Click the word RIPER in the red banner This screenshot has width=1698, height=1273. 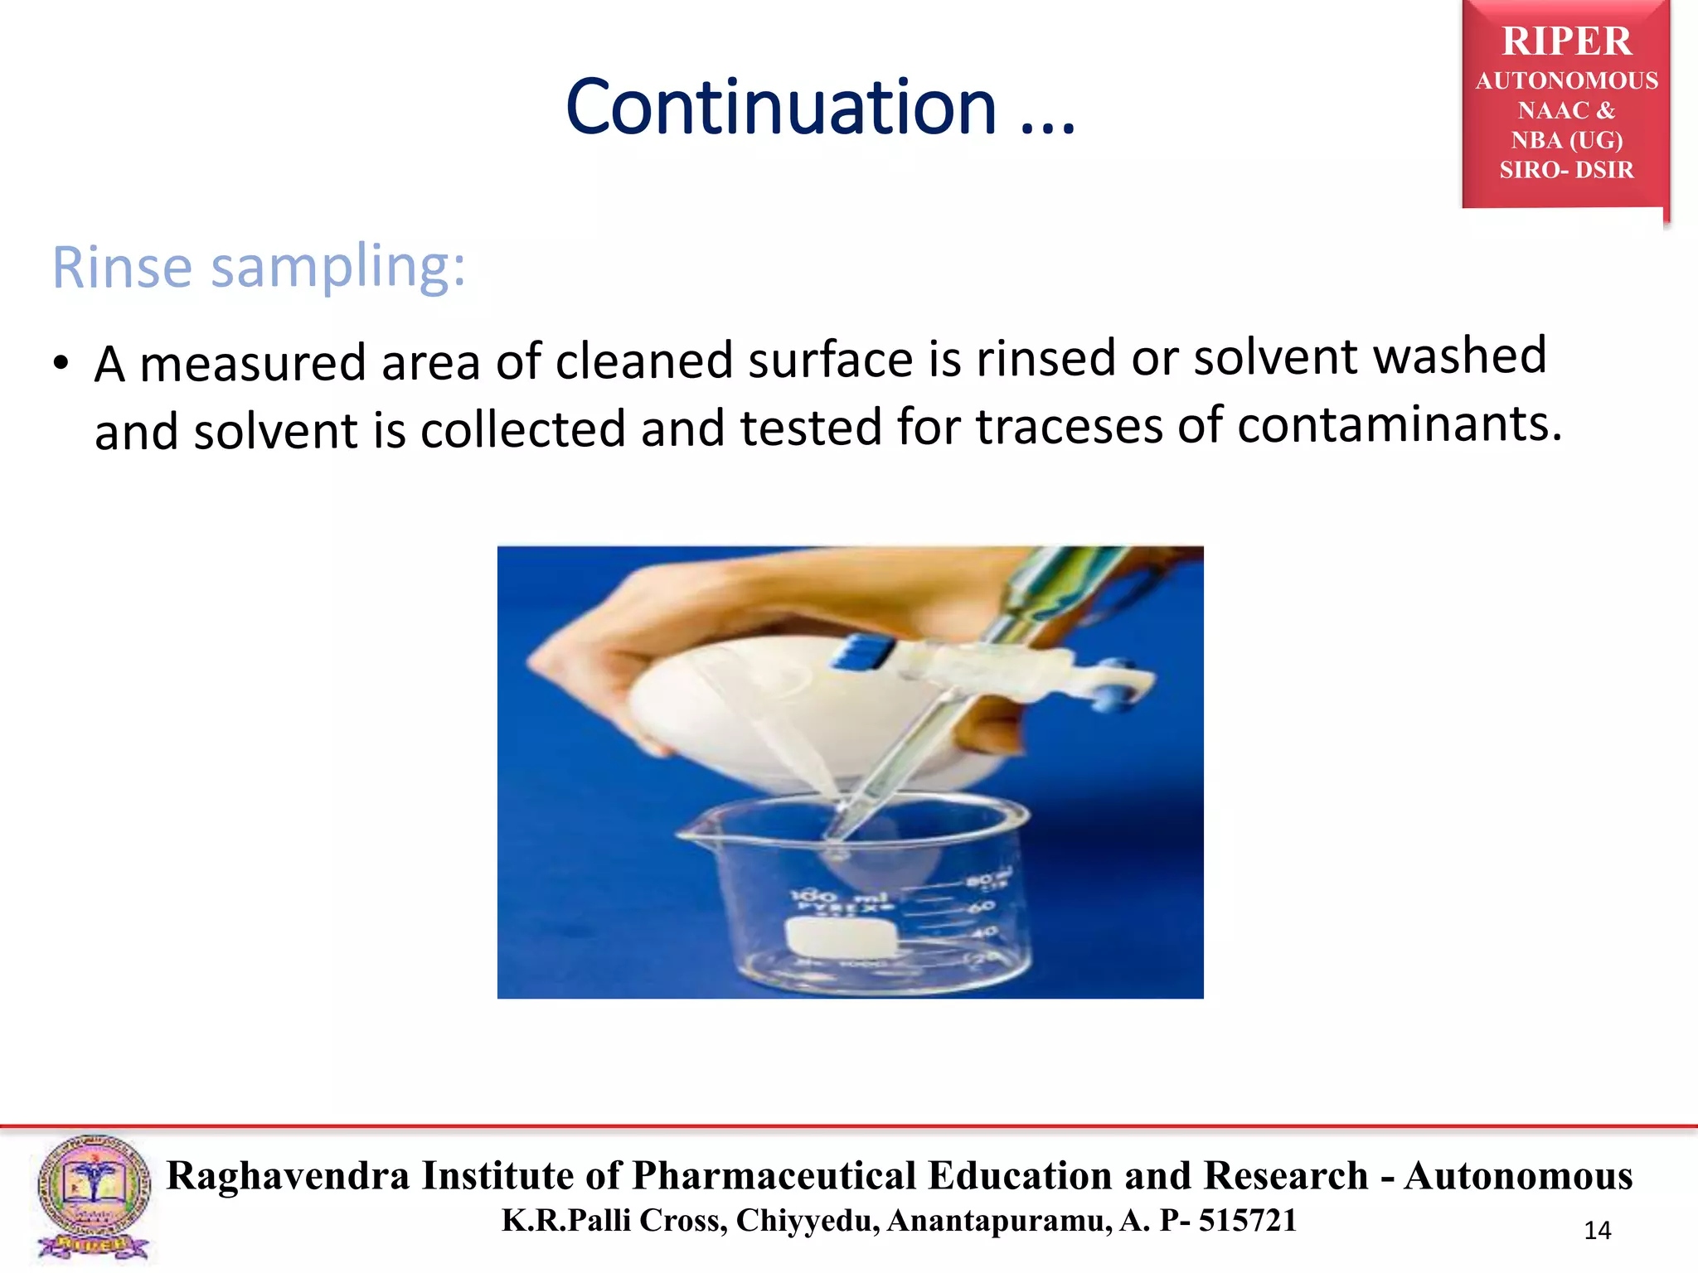(1566, 41)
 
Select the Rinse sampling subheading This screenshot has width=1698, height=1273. (259, 267)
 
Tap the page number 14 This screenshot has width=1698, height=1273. (1597, 1231)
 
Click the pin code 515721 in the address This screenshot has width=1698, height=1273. (1247, 1221)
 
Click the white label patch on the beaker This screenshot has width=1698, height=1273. (842, 940)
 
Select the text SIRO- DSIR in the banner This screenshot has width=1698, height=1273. (1566, 170)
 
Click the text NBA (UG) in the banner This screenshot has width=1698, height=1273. (1566, 140)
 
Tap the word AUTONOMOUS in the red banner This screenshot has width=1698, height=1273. (1566, 80)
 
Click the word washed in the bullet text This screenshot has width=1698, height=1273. (1459, 356)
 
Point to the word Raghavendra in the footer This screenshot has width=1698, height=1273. (288, 1175)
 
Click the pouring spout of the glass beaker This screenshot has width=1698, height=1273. (690, 831)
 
